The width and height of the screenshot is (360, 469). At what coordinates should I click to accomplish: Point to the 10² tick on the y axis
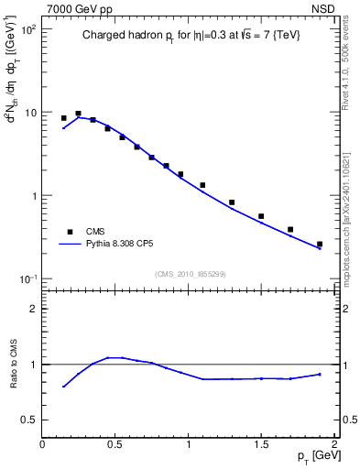coord(27,29)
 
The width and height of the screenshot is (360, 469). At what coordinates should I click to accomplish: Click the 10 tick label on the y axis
coord(30,113)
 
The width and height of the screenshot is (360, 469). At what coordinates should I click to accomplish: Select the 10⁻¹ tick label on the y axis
coord(27,278)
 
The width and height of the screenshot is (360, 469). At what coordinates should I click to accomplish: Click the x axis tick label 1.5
coord(261,444)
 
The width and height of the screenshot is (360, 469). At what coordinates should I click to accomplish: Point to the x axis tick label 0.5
coord(115,444)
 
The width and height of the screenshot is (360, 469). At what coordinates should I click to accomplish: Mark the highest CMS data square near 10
coord(79,114)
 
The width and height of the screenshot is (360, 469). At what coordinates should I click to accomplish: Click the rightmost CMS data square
coord(320,245)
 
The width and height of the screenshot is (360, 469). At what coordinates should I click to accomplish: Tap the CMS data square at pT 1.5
coord(261,216)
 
